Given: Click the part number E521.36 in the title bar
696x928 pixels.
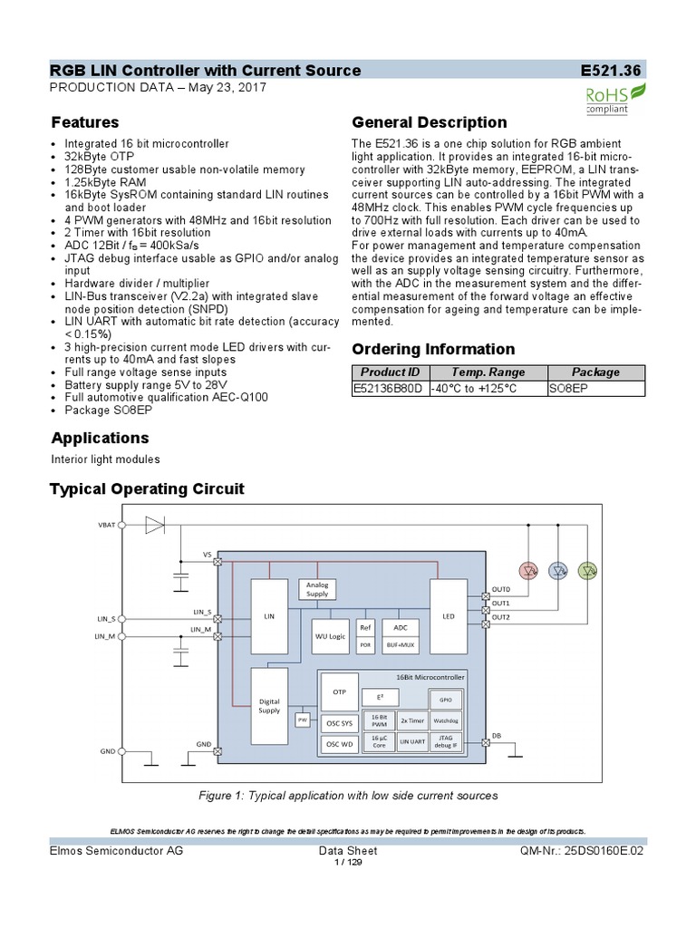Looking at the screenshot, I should click(613, 71).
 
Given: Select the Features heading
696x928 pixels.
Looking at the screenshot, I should click(85, 122).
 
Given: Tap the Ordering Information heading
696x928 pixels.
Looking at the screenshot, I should click(432, 349).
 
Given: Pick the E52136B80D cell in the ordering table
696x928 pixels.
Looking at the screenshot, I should click(389, 388).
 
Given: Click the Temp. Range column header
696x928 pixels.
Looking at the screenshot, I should click(488, 372).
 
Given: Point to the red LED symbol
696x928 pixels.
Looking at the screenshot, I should click(530, 570).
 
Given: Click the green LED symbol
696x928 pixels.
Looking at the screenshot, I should click(588, 570).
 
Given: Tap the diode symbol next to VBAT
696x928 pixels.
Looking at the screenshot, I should click(155, 525).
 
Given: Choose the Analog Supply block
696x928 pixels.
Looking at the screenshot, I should click(317, 590).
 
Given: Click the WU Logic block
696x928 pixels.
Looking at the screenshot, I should click(330, 636).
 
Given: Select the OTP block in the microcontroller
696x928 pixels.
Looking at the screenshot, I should click(339, 691).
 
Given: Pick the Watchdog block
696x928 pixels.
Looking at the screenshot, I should click(445, 720).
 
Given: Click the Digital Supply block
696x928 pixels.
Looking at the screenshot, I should click(269, 707).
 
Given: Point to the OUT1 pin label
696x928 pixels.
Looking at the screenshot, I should click(501, 603).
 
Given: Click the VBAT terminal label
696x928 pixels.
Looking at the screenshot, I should click(107, 526).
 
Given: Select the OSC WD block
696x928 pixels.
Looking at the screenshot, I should click(339, 745).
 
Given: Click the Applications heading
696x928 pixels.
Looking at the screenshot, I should click(100, 439).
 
